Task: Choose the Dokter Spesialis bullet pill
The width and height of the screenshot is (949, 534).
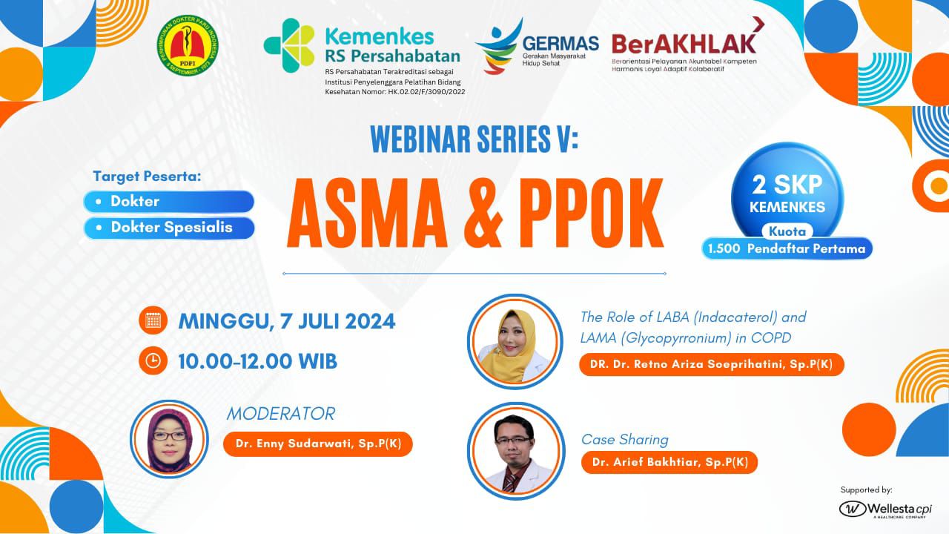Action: (x=170, y=228)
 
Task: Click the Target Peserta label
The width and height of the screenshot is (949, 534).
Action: (x=147, y=177)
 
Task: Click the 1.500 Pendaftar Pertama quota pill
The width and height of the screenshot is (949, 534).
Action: (x=787, y=248)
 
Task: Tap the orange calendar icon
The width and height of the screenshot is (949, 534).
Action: (x=153, y=321)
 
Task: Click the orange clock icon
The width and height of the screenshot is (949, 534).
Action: (x=153, y=360)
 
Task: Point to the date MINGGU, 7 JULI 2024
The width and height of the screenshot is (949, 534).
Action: (x=286, y=321)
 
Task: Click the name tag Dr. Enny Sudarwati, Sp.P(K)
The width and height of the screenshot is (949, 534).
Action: (x=317, y=444)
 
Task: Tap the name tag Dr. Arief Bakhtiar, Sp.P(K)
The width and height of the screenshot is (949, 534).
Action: (x=669, y=462)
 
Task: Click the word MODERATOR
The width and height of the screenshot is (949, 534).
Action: (x=280, y=413)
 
